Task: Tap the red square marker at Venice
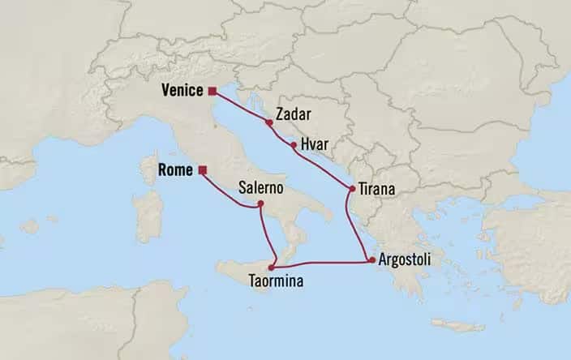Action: point(212,91)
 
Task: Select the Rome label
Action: point(178,170)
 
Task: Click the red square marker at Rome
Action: point(203,170)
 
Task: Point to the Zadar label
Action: point(292,114)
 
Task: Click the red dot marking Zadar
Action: point(268,122)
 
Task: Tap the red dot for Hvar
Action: point(293,144)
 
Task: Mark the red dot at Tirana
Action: point(352,189)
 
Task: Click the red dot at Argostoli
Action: point(371,260)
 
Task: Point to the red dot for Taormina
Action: point(273,266)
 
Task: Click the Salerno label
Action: point(260,187)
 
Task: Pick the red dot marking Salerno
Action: point(260,205)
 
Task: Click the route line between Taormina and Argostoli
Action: point(324,263)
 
